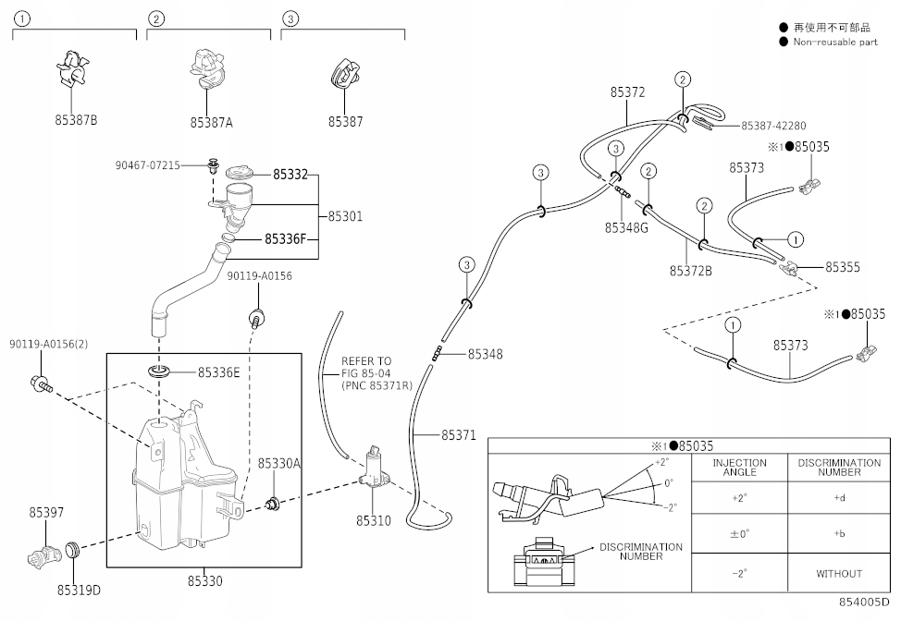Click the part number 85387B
(76, 120)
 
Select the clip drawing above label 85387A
(207, 69)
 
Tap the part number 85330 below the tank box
(204, 581)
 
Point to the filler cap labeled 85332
(239, 174)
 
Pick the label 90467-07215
(148, 165)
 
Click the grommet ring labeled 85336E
(159, 371)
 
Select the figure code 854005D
(864, 602)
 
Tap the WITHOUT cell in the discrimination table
(839, 573)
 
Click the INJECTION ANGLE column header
(739, 468)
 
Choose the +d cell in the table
(840, 497)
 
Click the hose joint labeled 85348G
(621, 190)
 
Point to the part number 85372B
(691, 271)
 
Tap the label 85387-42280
(773, 126)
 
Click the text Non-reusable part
(835, 42)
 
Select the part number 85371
(459, 435)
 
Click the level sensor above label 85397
(44, 555)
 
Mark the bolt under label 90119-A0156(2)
(41, 383)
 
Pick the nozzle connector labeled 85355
(789, 267)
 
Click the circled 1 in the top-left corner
(21, 18)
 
